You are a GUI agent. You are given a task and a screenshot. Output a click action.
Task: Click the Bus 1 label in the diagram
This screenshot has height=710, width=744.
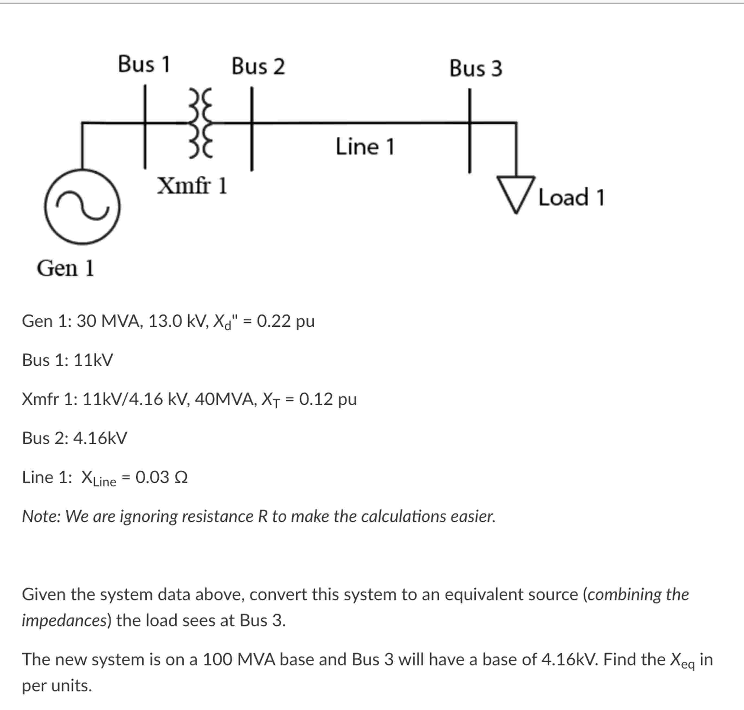(144, 64)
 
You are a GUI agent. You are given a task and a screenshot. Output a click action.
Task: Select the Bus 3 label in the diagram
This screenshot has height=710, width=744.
(476, 69)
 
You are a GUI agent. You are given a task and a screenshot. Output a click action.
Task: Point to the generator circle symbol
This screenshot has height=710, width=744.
(82, 207)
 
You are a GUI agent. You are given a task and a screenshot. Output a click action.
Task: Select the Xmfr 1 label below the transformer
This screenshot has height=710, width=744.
(192, 185)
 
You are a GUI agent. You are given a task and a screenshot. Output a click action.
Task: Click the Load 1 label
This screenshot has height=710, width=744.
(571, 198)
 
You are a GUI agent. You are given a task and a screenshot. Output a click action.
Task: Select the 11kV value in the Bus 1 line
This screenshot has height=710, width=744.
(93, 360)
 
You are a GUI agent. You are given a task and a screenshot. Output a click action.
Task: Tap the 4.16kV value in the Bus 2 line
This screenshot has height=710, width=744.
(100, 438)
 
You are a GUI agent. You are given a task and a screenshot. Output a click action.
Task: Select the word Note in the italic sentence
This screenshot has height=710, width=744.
(41, 516)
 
